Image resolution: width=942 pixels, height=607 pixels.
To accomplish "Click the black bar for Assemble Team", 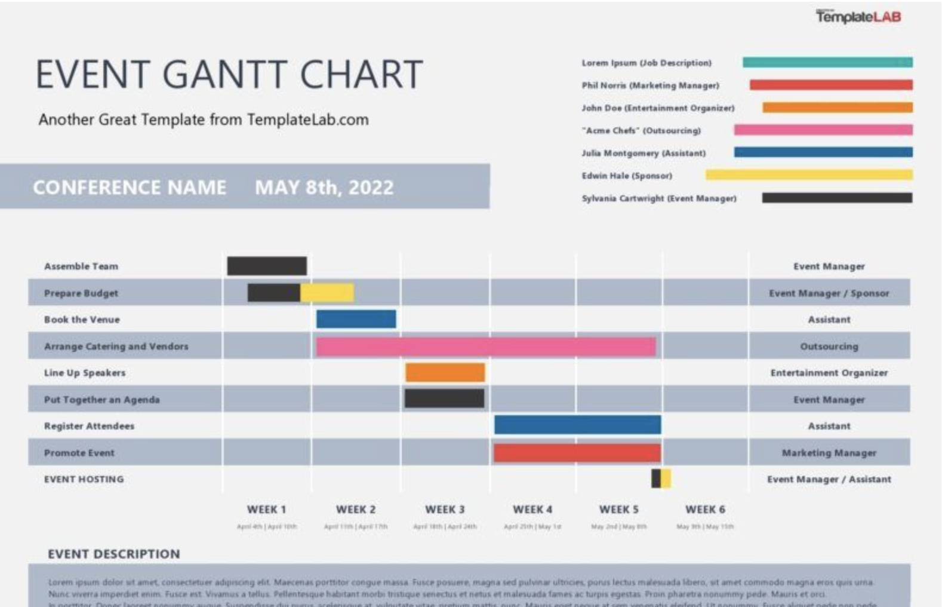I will click(267, 266).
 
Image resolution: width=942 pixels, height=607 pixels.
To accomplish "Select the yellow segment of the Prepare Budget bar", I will click(327, 293).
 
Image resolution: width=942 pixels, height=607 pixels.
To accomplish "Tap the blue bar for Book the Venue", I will click(356, 319).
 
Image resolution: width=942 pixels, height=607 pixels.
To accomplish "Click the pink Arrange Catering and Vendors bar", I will click(485, 347).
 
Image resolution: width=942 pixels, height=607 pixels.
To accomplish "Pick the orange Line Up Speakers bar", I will click(445, 372).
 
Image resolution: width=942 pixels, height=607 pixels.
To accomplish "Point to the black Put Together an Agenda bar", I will click(444, 398).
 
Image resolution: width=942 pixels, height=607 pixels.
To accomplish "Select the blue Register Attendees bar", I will click(577, 425).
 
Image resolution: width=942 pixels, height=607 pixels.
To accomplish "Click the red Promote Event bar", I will click(577, 453).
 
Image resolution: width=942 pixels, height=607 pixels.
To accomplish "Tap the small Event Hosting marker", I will click(661, 479).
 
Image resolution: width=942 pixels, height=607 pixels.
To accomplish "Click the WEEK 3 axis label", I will click(445, 510).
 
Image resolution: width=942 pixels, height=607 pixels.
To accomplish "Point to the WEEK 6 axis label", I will click(705, 510).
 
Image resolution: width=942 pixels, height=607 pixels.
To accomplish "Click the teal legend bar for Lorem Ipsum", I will click(827, 62).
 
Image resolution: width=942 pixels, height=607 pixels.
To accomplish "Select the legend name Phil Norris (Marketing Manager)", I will click(650, 85).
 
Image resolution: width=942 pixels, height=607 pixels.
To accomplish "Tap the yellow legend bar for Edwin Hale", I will click(809, 175).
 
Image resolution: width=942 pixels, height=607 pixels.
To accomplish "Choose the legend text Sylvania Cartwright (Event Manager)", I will click(659, 198).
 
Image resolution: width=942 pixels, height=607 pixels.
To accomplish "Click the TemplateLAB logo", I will click(858, 17).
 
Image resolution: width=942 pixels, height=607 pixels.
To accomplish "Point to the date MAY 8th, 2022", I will click(324, 188).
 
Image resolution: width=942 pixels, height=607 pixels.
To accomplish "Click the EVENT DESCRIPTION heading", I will click(113, 554).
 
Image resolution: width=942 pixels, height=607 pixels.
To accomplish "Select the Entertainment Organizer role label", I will click(829, 373).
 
